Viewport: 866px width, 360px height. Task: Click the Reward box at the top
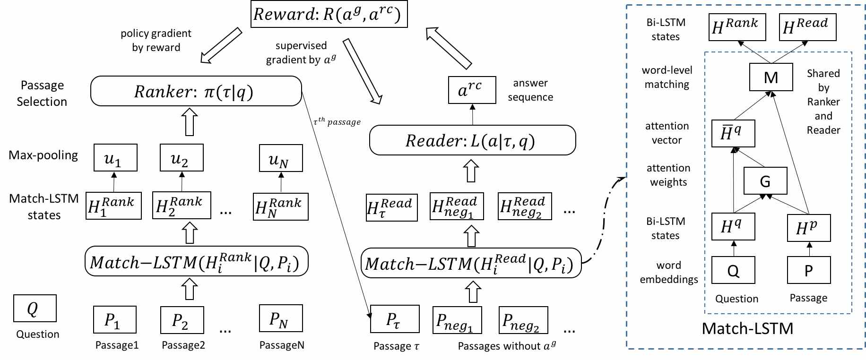pos(329,14)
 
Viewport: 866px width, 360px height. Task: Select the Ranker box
pos(196,91)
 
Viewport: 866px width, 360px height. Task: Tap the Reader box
pos(472,140)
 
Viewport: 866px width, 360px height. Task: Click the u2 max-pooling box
pos(182,158)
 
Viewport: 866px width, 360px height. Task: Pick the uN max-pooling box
pos(281,158)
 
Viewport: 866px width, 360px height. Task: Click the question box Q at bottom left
pos(35,308)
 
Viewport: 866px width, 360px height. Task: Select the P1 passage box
pos(115,319)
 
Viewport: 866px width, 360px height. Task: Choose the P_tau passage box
pos(395,319)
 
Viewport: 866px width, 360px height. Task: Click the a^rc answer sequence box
pos(472,90)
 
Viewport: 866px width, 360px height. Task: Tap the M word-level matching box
pos(771,77)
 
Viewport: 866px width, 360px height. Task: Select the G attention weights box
pos(765,180)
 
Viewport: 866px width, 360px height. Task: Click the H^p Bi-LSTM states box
pos(809,228)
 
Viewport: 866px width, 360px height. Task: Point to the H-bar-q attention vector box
pos(733,133)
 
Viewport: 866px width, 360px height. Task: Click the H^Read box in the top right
pos(807,27)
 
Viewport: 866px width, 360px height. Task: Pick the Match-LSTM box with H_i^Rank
pos(196,261)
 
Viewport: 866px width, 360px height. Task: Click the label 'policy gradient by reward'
pos(156,40)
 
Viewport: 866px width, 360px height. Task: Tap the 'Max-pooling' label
pos(43,155)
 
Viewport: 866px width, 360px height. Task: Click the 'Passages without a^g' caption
pos(507,345)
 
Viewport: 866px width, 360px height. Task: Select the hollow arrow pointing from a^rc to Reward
pos(449,48)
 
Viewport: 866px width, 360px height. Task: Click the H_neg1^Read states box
pos(457,206)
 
